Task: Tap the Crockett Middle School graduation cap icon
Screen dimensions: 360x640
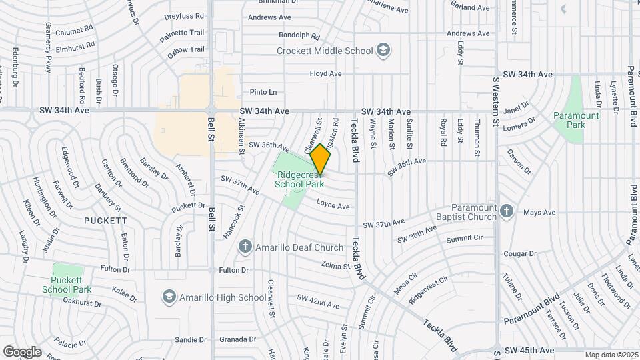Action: click(383, 50)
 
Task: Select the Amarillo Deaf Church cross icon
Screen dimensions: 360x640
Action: click(245, 247)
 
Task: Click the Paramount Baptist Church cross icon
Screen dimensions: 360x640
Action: click(507, 211)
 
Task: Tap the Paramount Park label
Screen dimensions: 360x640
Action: click(576, 120)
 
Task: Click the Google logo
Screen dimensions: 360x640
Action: click(22, 352)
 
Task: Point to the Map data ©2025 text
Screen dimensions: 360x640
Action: click(611, 355)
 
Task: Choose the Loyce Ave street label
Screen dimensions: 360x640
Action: click(333, 207)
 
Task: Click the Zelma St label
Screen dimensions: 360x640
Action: click(335, 266)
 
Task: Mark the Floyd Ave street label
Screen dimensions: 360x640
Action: click(326, 73)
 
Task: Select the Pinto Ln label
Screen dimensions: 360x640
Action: click(263, 92)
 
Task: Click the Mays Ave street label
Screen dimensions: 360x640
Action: click(539, 213)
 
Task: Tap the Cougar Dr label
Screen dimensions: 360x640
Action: click(520, 253)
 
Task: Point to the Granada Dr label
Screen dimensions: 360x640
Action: click(238, 339)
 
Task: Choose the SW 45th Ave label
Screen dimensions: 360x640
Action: click(529, 350)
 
